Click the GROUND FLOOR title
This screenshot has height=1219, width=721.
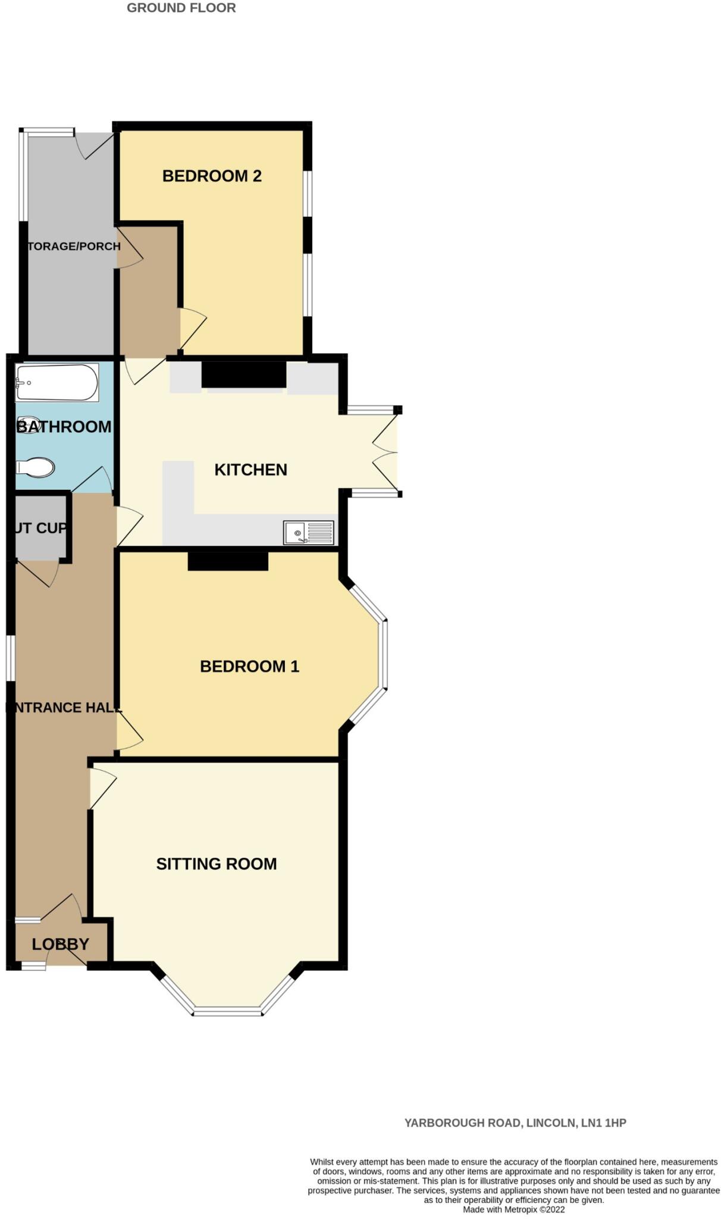(181, 8)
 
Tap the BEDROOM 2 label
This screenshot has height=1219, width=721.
(212, 176)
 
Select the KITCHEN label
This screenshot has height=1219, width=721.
(250, 470)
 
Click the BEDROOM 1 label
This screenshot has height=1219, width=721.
(249, 666)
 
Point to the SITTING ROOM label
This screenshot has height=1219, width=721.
(217, 864)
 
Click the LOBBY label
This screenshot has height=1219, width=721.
(61, 944)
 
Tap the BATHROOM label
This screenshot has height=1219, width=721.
(64, 427)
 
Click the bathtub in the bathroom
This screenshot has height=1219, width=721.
(57, 383)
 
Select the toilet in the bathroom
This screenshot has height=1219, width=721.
(36, 467)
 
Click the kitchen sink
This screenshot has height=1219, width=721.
(308, 532)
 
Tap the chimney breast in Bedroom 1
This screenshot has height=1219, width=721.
(228, 561)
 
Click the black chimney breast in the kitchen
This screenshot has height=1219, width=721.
(244, 375)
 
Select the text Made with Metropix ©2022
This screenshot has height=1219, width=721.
(513, 1209)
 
